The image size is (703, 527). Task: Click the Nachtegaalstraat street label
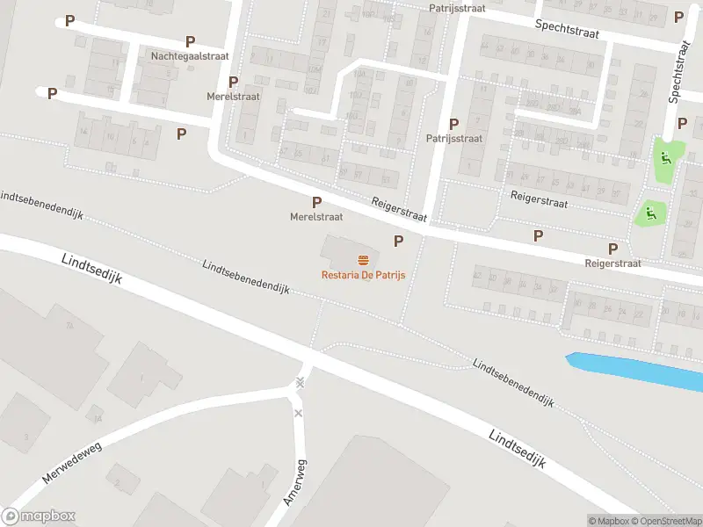(x=190, y=55)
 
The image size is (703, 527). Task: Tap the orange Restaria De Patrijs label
(x=362, y=274)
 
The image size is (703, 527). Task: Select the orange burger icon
(x=362, y=259)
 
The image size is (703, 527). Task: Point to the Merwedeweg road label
(x=71, y=463)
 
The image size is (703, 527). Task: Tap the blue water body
(x=636, y=370)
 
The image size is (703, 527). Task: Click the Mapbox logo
(x=39, y=516)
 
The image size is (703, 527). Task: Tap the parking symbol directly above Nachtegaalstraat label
(x=190, y=41)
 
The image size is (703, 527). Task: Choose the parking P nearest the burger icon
(x=398, y=241)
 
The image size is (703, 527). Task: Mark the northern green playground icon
(x=664, y=159)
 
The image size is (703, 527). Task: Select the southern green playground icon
(x=651, y=211)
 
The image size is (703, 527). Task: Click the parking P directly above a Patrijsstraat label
(x=453, y=125)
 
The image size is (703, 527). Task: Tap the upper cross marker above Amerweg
(x=301, y=382)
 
